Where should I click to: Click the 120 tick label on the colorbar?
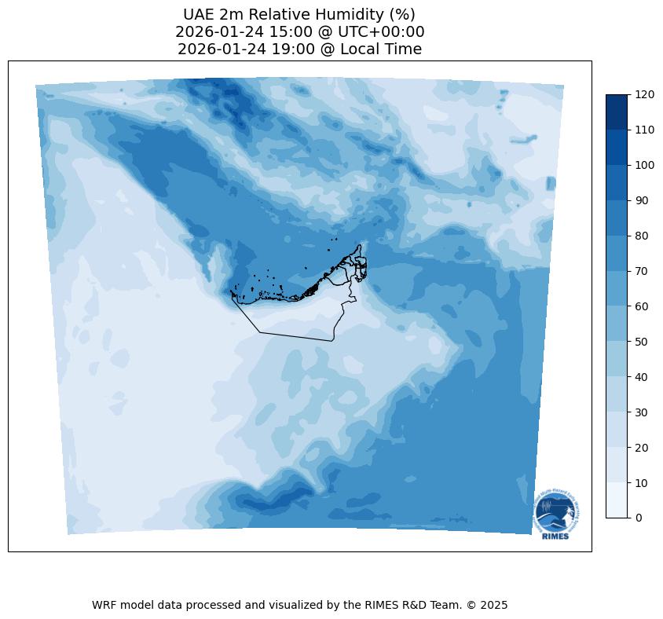pos(645,94)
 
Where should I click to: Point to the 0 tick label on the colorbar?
pos(639,518)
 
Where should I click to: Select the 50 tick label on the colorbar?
pos(642,341)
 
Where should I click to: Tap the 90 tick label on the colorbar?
pos(642,200)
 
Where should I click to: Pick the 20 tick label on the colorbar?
pos(642,447)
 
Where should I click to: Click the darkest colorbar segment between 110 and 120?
pos(617,112)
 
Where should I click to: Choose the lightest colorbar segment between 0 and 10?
pos(617,500)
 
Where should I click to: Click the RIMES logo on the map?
pos(556,515)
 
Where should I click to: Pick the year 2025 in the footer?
pos(494,605)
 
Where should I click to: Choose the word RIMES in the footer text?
pos(382,605)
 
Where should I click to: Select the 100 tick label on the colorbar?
pos(645,165)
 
